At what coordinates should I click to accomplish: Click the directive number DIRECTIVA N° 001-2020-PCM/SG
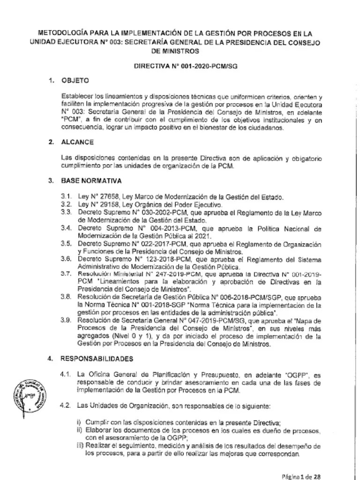click(x=186, y=66)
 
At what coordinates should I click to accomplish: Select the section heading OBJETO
click(x=75, y=80)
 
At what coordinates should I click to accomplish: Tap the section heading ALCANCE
click(x=77, y=142)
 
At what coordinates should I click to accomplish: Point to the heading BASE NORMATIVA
click(x=91, y=180)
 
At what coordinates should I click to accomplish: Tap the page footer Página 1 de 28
click(x=300, y=476)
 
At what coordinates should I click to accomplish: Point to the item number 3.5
click(x=66, y=245)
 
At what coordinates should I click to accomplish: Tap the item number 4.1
click(x=66, y=375)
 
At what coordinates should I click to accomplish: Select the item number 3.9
click(x=66, y=320)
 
